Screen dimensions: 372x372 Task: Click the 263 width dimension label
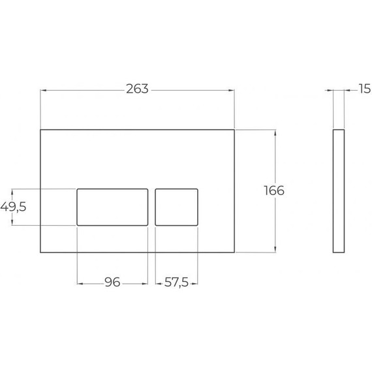point(138,89)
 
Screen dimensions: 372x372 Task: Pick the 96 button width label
point(112,283)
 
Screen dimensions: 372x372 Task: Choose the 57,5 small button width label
point(177,283)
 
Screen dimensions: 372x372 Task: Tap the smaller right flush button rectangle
point(177,206)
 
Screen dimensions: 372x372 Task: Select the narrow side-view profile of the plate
point(339,191)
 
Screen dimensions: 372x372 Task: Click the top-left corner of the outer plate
point(41,130)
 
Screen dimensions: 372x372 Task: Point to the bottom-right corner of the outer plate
point(234,252)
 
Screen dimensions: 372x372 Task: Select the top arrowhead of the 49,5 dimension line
point(12,191)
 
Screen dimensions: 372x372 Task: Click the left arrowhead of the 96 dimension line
point(80,283)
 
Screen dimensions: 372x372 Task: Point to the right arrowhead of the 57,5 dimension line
point(196,283)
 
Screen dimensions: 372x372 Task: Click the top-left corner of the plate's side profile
point(333,130)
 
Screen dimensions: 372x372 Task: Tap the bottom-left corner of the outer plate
point(41,252)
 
